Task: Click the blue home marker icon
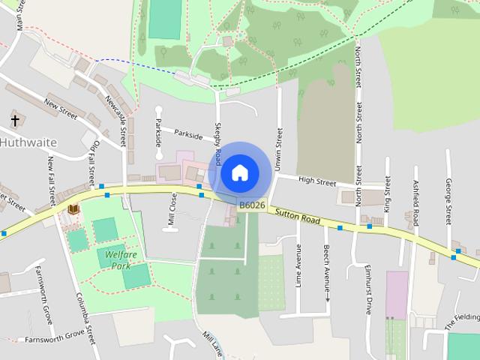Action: point(239,172)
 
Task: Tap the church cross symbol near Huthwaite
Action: point(15,120)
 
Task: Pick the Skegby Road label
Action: point(218,144)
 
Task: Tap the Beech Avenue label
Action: point(327,265)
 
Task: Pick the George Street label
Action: point(448,201)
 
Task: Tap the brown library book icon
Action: point(73,209)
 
